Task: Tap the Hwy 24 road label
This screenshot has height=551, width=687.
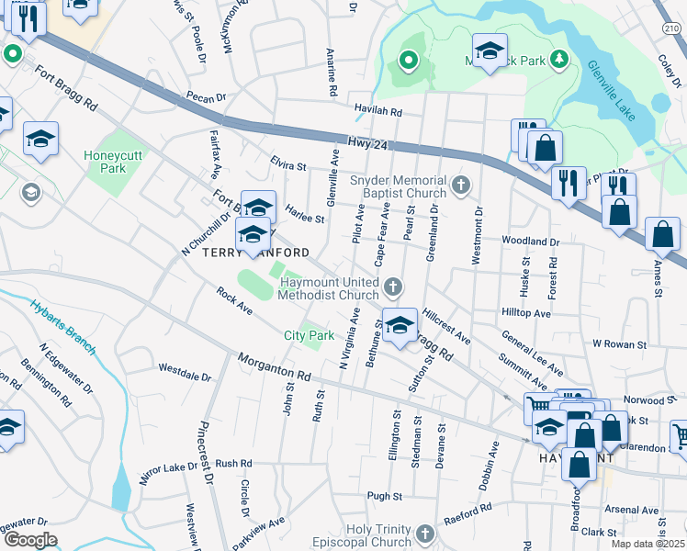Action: coord(368,143)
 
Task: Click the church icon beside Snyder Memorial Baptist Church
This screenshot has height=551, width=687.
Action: coord(461,187)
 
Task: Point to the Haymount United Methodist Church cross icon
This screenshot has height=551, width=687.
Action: coord(393,288)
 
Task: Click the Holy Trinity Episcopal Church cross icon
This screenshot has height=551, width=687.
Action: coord(425,534)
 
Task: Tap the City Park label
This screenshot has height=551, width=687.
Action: coord(309,336)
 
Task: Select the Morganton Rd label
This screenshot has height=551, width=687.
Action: coord(274,369)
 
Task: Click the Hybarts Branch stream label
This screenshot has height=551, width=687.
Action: coord(62,325)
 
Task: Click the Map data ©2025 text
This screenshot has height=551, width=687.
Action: coord(648,544)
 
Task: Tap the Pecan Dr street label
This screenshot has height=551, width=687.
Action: coord(205,97)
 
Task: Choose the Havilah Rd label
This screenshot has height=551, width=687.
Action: coord(378,112)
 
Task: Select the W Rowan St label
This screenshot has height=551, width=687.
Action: coord(621,343)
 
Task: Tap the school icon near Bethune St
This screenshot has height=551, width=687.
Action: coord(400,326)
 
